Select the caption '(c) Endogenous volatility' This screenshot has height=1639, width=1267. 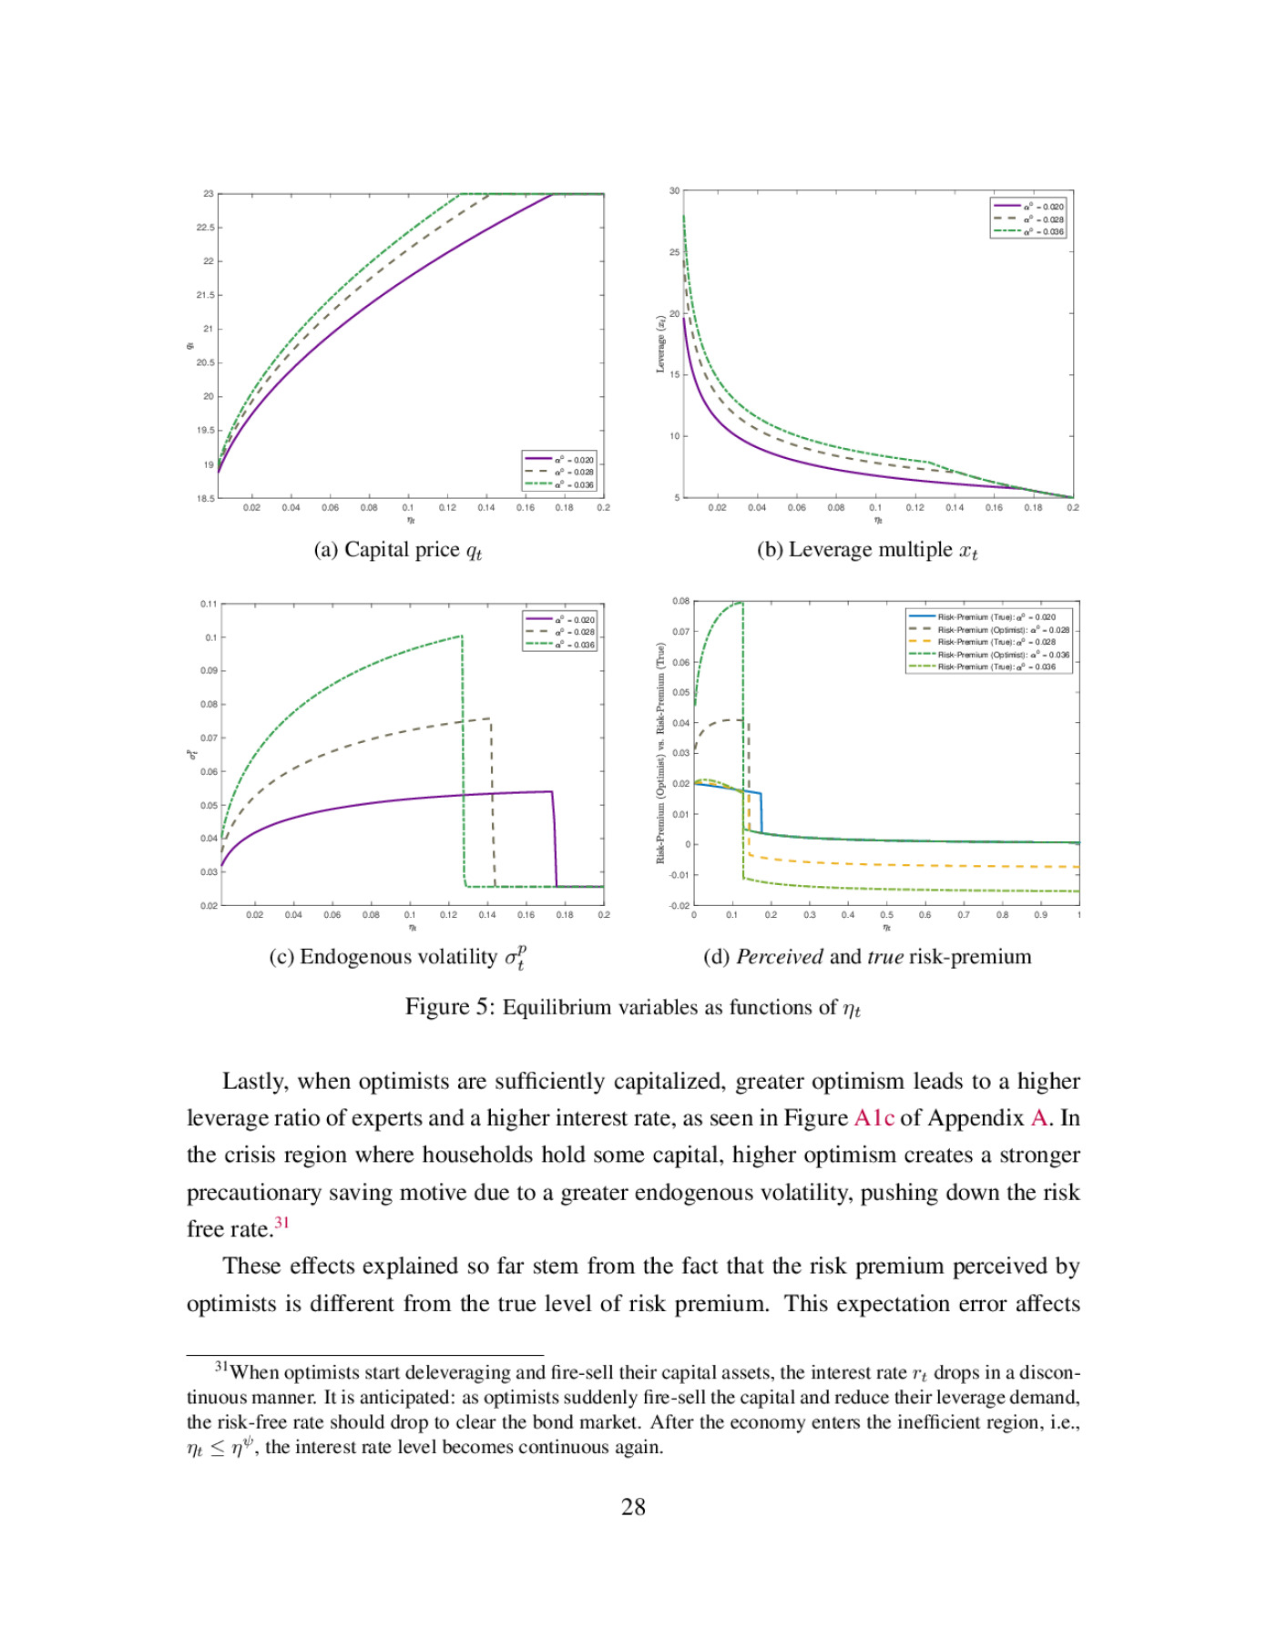click(383, 957)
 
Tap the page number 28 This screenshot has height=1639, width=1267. click(633, 1507)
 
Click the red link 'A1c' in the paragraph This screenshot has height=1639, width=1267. click(874, 1118)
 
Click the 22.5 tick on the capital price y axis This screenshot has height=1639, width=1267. click(206, 228)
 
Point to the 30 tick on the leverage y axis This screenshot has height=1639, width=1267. click(674, 191)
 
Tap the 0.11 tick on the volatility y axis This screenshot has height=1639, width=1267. click(209, 604)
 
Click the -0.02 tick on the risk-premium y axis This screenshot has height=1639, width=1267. click(679, 906)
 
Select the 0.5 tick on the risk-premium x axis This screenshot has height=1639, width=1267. click(886, 915)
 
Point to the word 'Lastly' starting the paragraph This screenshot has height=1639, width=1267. click(252, 1082)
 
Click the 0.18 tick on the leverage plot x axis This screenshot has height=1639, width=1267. click(1033, 508)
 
